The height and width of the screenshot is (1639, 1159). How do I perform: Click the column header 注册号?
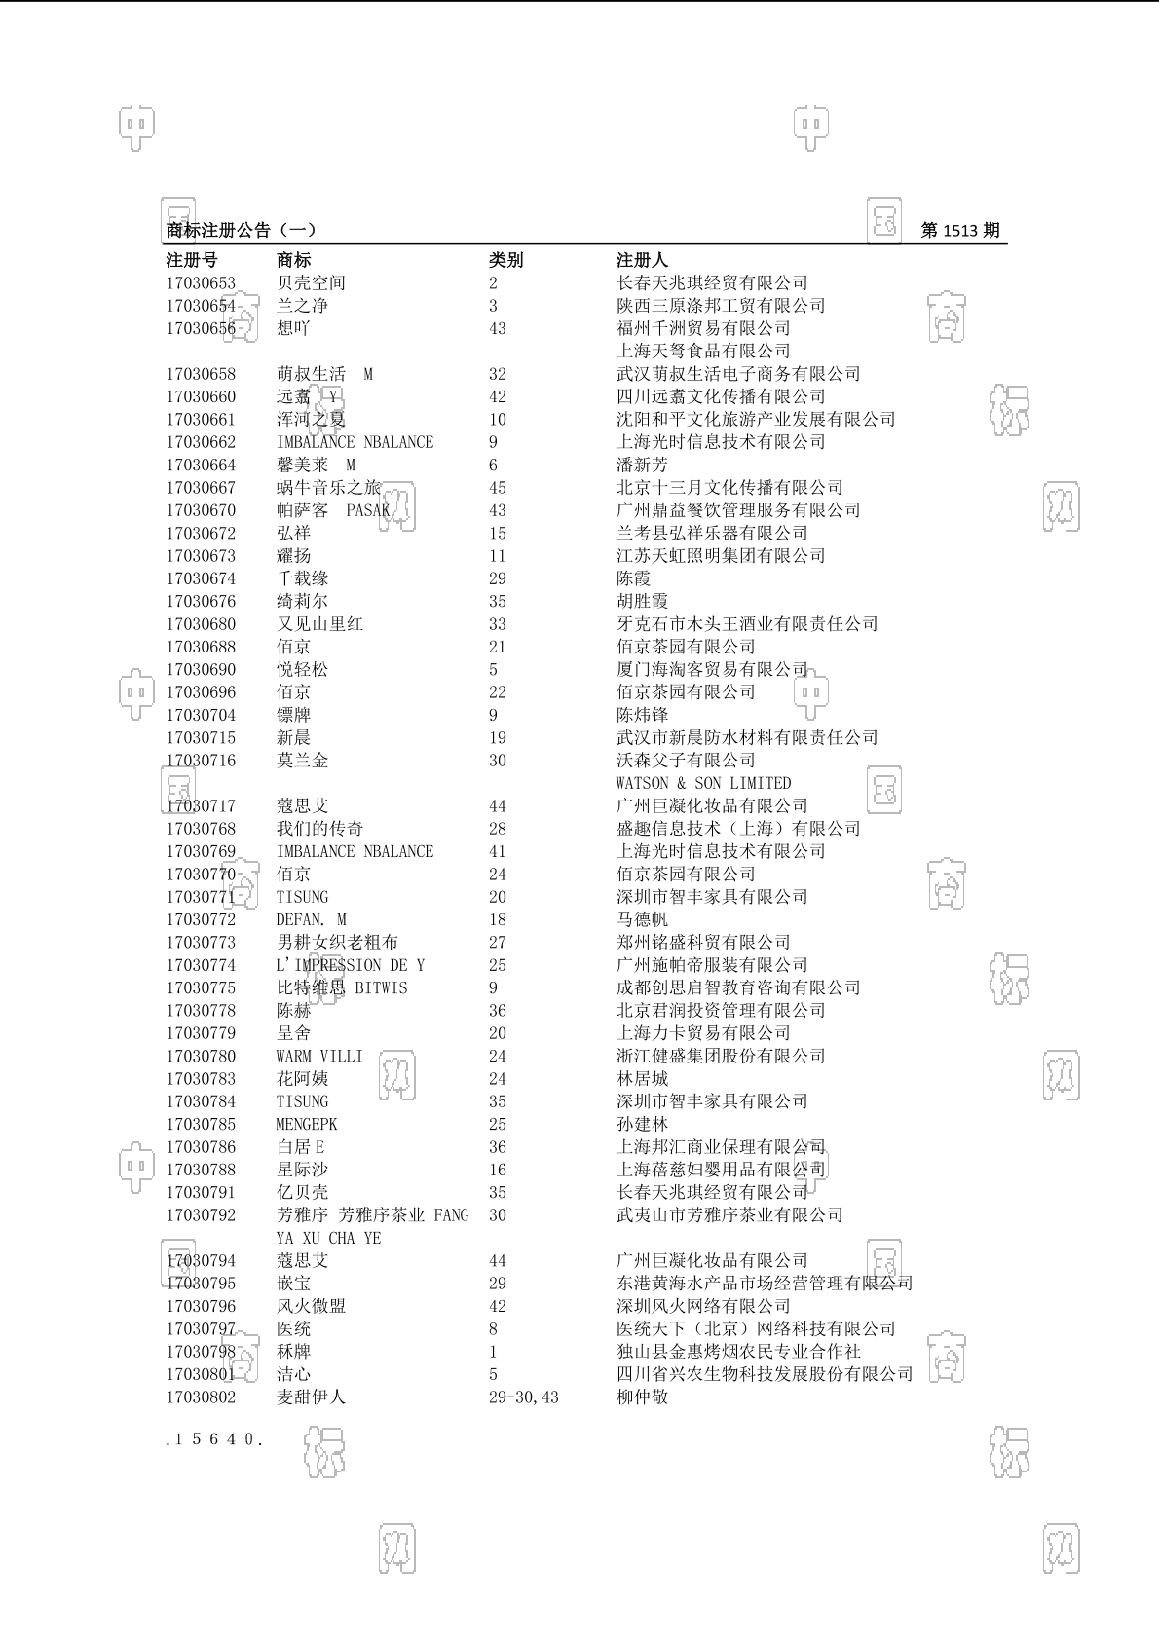(x=192, y=260)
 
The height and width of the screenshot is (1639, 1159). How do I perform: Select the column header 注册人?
(x=642, y=260)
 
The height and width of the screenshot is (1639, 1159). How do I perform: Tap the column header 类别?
(x=505, y=260)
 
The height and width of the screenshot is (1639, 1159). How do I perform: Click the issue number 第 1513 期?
(x=959, y=231)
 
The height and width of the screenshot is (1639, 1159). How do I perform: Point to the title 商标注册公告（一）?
(x=241, y=231)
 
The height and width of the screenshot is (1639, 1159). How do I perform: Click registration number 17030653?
(x=201, y=283)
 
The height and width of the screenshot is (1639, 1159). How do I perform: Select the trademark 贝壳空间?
(x=311, y=283)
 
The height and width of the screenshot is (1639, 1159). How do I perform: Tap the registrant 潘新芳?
(x=642, y=466)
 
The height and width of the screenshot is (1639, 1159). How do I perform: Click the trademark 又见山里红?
(x=319, y=624)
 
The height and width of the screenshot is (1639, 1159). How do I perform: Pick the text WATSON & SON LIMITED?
(x=703, y=783)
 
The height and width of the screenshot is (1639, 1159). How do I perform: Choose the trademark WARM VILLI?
(x=318, y=1057)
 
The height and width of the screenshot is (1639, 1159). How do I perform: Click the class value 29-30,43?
(x=523, y=1397)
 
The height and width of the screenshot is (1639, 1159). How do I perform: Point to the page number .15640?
(x=214, y=1439)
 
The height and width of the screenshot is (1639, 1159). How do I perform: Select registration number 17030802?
(x=201, y=1397)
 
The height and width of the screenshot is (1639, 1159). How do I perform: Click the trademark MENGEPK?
(x=306, y=1125)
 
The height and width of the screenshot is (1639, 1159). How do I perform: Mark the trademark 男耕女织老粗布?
(x=337, y=943)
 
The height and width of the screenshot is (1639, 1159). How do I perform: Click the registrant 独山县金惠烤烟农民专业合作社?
(x=738, y=1352)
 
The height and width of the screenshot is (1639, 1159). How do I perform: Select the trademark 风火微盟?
(x=311, y=1306)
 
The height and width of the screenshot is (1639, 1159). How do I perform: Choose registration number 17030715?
(x=201, y=738)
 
